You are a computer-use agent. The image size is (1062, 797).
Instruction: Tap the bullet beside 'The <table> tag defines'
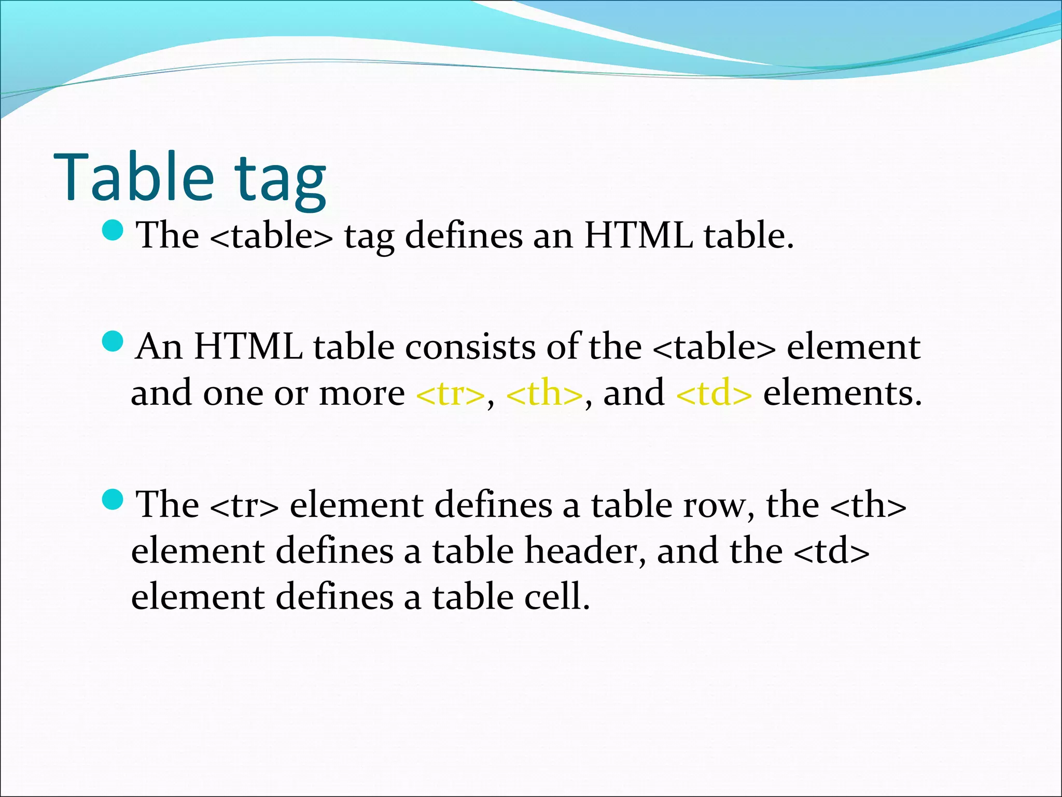point(113,229)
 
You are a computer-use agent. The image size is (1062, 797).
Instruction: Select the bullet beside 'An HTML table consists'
point(113,341)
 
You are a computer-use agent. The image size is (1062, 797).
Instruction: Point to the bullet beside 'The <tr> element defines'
point(113,499)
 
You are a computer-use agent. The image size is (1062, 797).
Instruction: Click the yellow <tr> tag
point(450,393)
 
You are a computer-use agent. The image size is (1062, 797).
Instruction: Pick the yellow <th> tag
point(544,393)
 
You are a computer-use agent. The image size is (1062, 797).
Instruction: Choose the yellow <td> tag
point(714,393)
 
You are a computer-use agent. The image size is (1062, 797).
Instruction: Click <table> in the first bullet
point(272,236)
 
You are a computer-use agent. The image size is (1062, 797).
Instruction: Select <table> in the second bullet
point(714,347)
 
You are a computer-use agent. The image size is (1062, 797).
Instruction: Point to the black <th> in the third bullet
point(868,505)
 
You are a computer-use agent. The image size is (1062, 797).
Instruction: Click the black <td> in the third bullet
point(831,551)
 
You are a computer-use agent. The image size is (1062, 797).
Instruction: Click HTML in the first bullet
point(638,236)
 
